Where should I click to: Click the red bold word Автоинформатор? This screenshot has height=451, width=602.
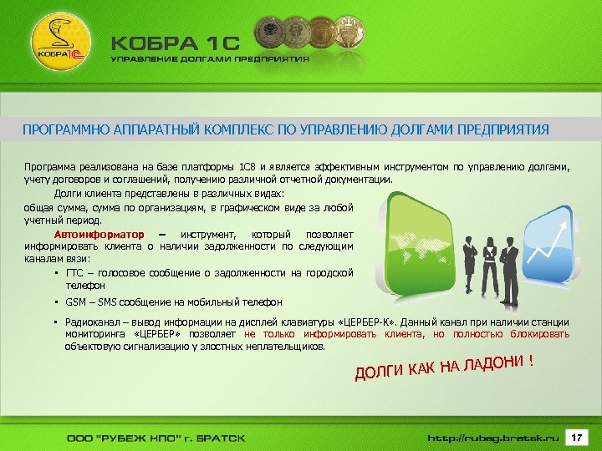tap(99, 235)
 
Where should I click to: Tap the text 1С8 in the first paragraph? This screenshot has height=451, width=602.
tap(248, 167)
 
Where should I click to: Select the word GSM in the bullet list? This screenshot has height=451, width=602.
tap(76, 302)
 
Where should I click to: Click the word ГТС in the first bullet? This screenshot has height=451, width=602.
tap(76, 273)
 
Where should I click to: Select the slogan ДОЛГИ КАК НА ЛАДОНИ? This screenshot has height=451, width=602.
tap(443, 366)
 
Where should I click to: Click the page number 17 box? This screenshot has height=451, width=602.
tap(576, 437)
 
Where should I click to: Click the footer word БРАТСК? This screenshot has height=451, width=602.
tap(219, 438)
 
